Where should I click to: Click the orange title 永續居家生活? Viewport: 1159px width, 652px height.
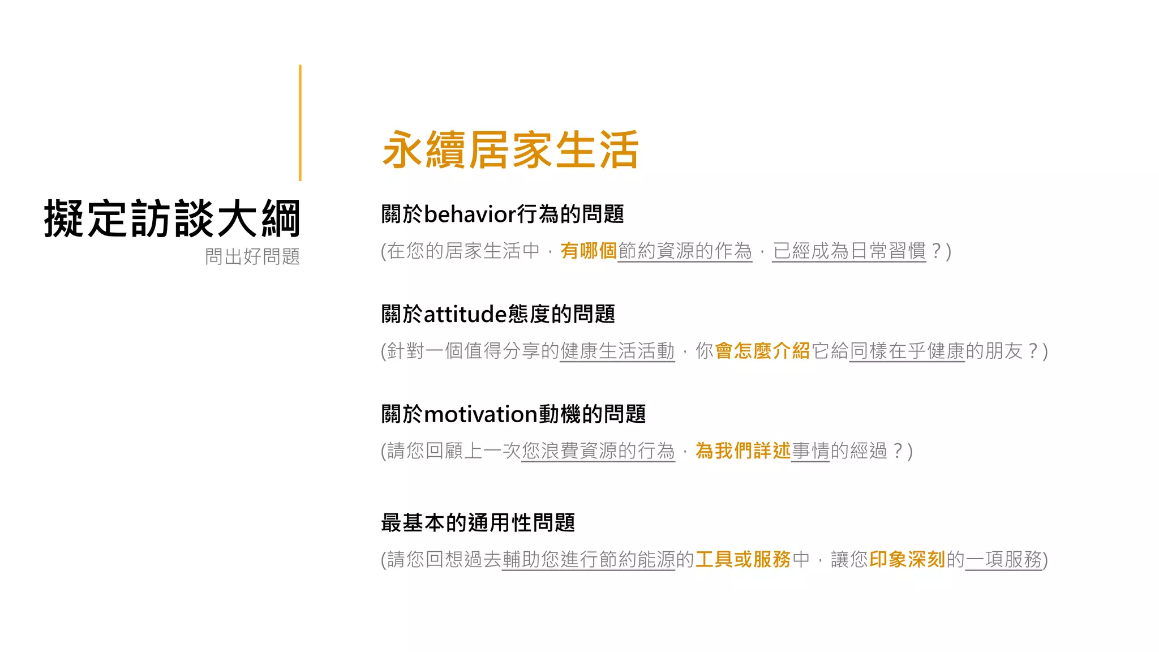point(510,150)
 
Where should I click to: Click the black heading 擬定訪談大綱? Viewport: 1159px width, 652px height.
point(171,218)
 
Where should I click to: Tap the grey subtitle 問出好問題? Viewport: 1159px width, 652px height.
point(252,256)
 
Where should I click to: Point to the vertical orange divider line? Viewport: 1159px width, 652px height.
point(300,123)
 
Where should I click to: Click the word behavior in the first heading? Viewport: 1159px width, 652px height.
point(469,215)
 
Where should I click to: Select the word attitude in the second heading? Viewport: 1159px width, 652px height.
point(465,314)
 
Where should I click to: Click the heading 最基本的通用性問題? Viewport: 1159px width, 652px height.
point(478,522)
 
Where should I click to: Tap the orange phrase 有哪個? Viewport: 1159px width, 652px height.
point(588,251)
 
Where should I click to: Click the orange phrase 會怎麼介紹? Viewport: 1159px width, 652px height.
point(762,351)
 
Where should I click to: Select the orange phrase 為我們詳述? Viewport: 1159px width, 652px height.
point(742,451)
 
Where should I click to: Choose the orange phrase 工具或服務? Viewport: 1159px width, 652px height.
point(742,559)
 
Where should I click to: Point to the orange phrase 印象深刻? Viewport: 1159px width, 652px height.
point(907,559)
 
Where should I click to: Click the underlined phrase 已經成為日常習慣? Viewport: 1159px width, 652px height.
point(849,251)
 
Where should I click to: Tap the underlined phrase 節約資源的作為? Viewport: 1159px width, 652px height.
point(685,251)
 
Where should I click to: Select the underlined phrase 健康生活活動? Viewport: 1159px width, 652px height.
point(617,351)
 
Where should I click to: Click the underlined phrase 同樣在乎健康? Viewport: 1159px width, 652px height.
point(907,351)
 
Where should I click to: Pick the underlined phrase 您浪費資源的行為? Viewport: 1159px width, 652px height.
point(598,451)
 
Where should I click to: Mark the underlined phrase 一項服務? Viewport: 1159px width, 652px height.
point(1003,559)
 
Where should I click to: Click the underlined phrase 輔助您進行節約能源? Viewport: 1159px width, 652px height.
point(589,559)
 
